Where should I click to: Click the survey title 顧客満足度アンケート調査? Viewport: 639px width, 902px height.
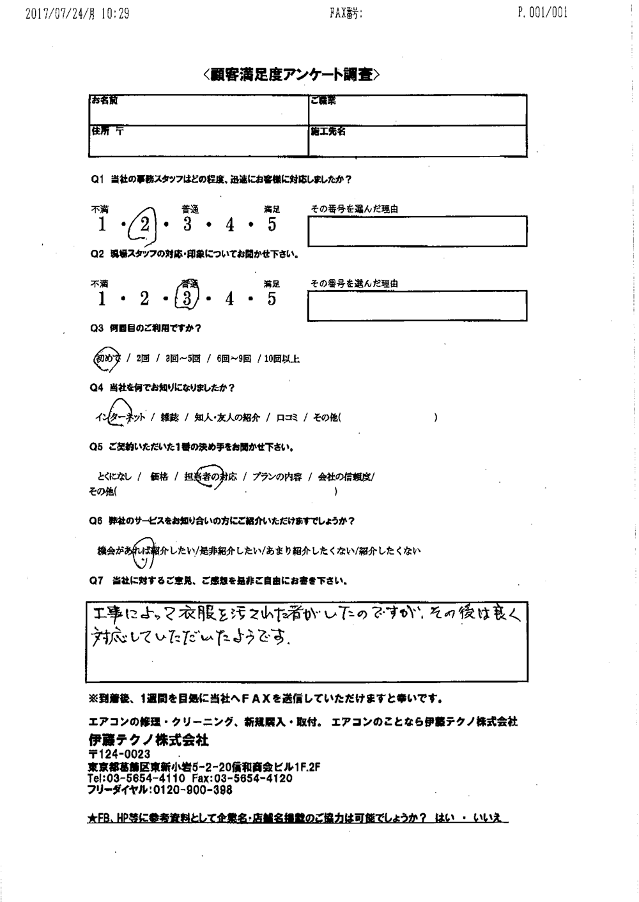(x=292, y=75)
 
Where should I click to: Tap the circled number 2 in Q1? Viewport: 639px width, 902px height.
(x=144, y=224)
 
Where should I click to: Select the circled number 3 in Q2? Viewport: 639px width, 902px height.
(x=187, y=298)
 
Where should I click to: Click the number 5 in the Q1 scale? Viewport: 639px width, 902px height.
(x=272, y=225)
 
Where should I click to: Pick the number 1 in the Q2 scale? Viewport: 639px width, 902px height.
(x=102, y=298)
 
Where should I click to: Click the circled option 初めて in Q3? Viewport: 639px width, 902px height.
(x=107, y=359)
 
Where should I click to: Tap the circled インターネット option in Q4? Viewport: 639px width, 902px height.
(x=120, y=417)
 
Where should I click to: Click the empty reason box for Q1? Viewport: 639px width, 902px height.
(x=418, y=231)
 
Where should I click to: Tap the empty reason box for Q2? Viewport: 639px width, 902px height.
(x=418, y=305)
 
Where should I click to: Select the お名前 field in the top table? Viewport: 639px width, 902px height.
(x=198, y=110)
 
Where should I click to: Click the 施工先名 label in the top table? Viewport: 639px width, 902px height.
(x=328, y=131)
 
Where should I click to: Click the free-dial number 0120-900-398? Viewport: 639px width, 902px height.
(x=192, y=790)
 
